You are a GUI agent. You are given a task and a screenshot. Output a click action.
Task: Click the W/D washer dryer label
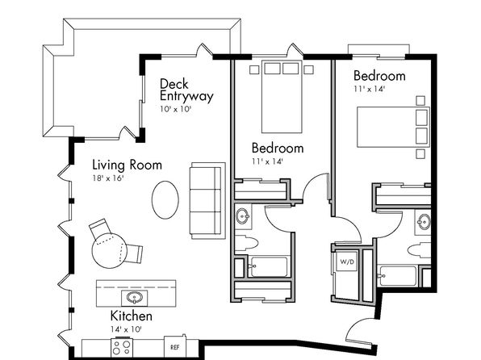coord(347,262)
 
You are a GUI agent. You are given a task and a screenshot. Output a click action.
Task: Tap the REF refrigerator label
coord(174,347)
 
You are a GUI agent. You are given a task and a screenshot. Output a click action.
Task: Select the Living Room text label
coord(127,165)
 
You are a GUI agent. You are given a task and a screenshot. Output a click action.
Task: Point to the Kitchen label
coord(131,316)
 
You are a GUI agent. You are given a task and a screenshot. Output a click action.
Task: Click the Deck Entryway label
coord(186,90)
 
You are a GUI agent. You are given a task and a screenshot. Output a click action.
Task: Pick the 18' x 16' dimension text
coord(107,178)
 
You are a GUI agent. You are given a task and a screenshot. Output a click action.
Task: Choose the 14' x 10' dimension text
coord(126,329)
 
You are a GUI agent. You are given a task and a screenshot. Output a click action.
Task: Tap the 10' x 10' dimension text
coord(175,109)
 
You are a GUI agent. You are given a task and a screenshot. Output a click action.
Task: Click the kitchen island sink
coord(134,298)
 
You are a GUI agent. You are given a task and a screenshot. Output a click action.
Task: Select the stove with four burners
coord(122,347)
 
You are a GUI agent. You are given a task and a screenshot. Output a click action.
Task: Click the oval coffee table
coord(165,200)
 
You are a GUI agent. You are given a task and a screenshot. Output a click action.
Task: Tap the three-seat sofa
coord(206,201)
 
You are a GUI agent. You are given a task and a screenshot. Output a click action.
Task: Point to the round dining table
coord(109,250)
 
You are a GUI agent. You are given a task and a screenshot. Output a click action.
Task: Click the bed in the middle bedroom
coord(282,96)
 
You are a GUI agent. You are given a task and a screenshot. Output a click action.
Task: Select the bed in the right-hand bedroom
coord(393,127)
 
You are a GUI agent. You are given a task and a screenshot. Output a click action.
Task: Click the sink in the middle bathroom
coord(243,216)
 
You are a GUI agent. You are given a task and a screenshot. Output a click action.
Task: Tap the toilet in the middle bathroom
coord(246,243)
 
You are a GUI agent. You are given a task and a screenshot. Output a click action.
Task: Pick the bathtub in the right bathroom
coord(398,276)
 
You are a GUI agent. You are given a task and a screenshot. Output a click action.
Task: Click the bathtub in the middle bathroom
coord(268,267)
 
